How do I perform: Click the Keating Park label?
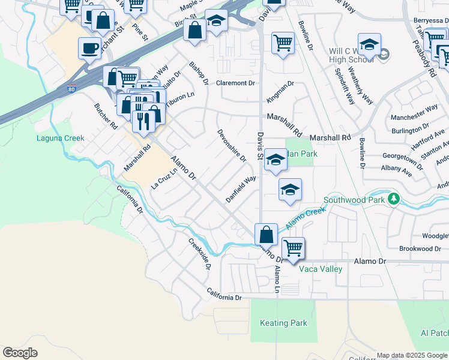pos(283,323)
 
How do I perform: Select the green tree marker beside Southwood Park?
pos(394,198)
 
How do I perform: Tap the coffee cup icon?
pos(90,47)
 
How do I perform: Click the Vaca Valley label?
pos(321,269)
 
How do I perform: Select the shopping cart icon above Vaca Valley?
pos(293,247)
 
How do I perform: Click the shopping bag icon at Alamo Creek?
pos(266,233)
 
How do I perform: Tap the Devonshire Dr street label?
pos(232,145)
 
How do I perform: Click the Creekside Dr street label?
pos(199,253)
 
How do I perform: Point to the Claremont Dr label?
pos(236,83)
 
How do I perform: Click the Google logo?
pos(20,353)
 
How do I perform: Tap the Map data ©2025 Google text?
pos(411,355)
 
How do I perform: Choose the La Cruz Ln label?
pos(164,178)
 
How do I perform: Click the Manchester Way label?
pos(414,109)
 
